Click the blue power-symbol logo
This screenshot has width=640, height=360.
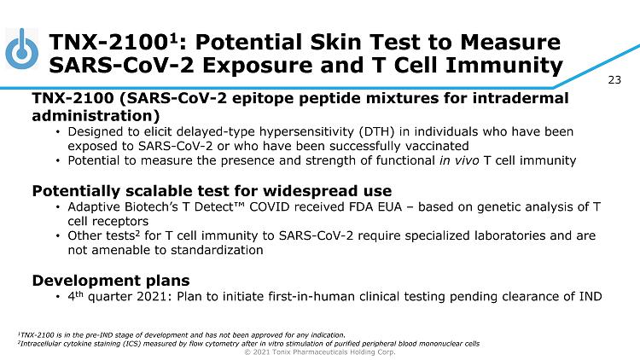pos(22,49)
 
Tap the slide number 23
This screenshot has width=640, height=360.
pos(614,79)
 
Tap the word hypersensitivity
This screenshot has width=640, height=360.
pos(307,132)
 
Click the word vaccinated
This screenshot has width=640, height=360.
pos(437,146)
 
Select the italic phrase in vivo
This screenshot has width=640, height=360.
pos(459,160)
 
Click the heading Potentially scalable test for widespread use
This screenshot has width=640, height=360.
pos(212,191)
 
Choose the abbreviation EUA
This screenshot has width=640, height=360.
pos(390,207)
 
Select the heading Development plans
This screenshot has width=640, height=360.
pos(111,281)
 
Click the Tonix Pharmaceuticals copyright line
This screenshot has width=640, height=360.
pos(320,351)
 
